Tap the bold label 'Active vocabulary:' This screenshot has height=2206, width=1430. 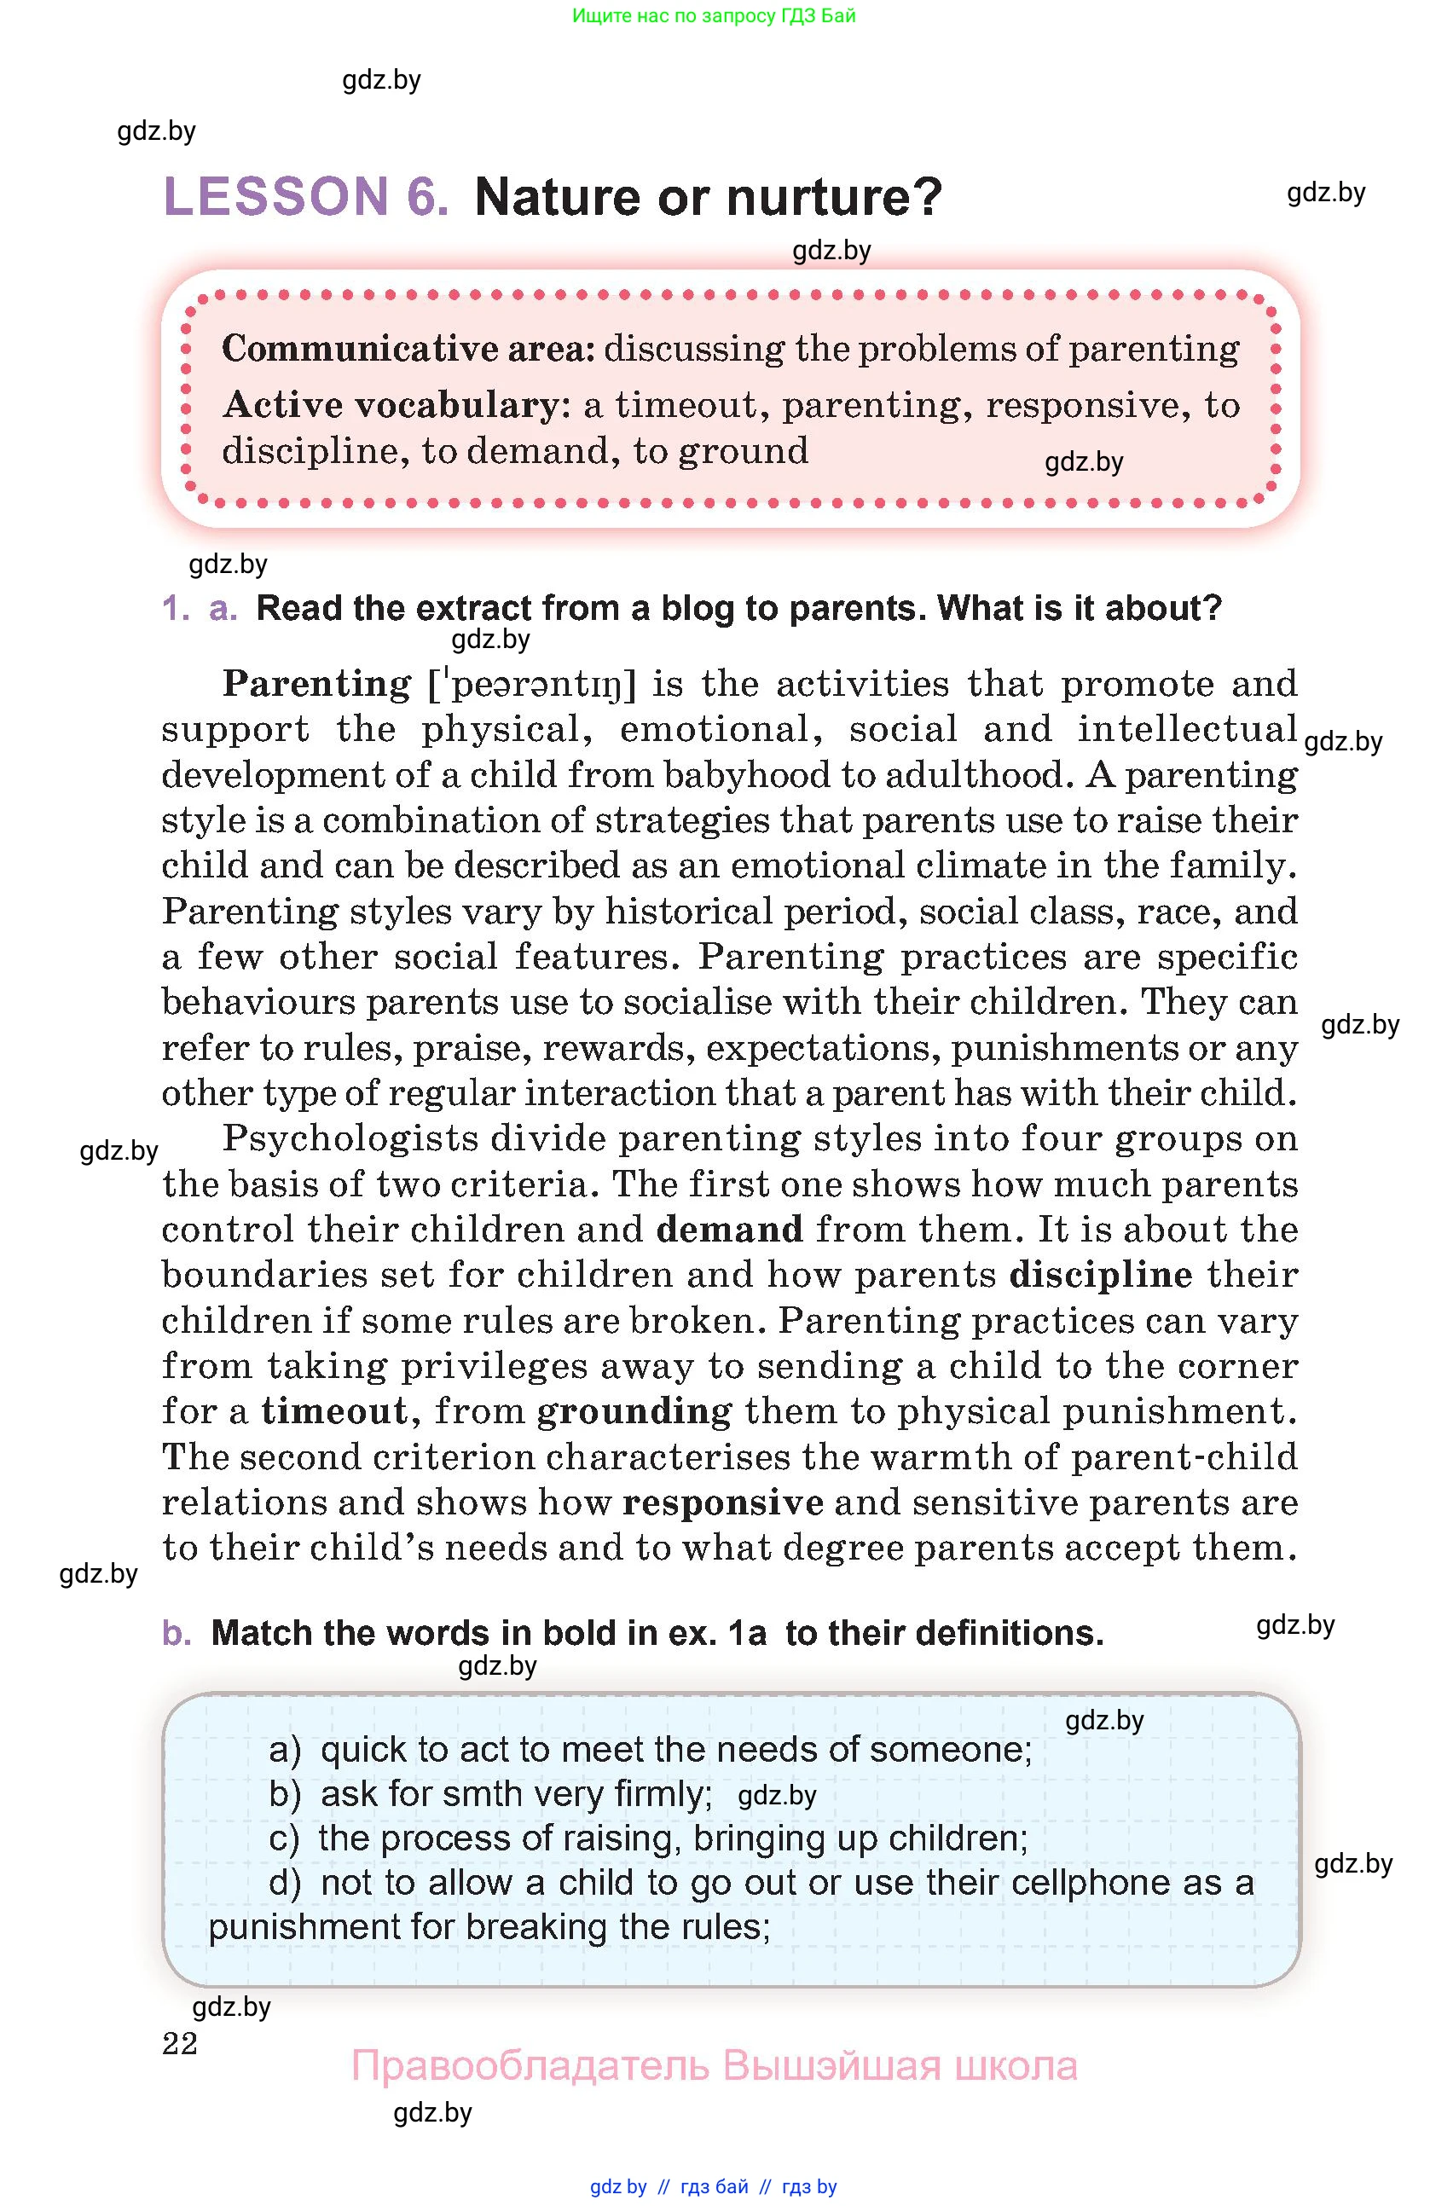pyautogui.click(x=397, y=405)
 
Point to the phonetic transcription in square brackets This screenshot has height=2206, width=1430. pyautogui.click(x=532, y=685)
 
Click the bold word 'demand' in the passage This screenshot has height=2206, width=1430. pyautogui.click(x=729, y=1230)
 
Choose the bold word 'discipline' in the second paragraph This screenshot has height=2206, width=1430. pyautogui.click(x=1100, y=1276)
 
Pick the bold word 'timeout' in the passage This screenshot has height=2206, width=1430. pyautogui.click(x=333, y=1411)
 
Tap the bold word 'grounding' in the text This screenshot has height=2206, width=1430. pyautogui.click(x=634, y=1411)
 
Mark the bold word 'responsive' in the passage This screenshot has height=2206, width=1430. pyautogui.click(x=722, y=1503)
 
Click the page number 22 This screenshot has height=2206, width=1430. pyautogui.click(x=180, y=2043)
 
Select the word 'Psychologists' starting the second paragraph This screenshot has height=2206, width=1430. pyautogui.click(x=350, y=1139)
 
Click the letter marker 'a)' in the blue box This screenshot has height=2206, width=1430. pyautogui.click(x=286, y=1749)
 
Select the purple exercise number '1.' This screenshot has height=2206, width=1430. pyautogui.click(x=175, y=608)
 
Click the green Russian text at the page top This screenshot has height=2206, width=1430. pyautogui.click(x=714, y=15)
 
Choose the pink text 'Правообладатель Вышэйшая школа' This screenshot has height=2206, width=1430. pyautogui.click(x=714, y=2066)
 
